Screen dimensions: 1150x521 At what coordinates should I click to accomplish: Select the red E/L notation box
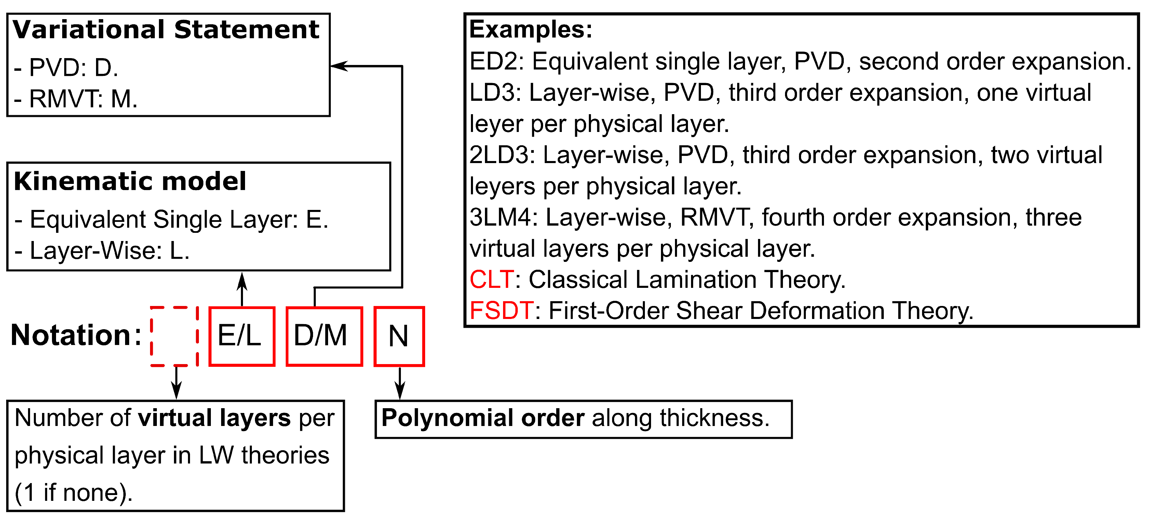(242, 336)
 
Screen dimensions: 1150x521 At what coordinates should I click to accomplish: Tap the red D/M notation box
(324, 336)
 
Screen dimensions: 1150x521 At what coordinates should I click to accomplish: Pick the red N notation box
(399, 336)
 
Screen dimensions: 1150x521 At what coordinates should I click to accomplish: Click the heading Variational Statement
(166, 29)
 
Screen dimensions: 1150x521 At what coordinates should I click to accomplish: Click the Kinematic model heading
(130, 181)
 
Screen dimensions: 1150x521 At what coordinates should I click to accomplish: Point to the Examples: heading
(531, 29)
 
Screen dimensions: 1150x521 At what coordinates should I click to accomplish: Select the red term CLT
(491, 280)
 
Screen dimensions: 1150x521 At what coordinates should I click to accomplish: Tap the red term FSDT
(501, 311)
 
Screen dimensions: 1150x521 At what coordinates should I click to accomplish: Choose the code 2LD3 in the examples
(502, 155)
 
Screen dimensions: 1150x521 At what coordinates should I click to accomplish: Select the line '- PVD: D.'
(66, 68)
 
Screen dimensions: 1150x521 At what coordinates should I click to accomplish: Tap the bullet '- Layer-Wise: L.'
(102, 251)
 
